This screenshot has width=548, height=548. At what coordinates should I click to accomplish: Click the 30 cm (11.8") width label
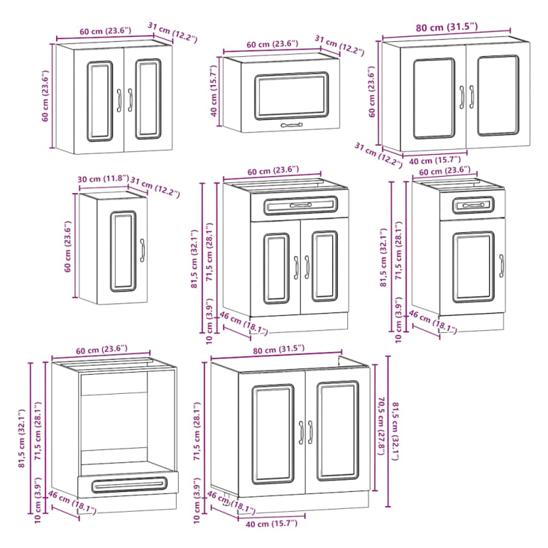pyautogui.click(x=103, y=179)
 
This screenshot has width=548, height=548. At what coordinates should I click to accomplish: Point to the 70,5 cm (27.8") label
pyautogui.click(x=381, y=425)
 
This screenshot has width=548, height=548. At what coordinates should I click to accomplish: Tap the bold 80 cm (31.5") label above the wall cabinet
pyautogui.click(x=447, y=27)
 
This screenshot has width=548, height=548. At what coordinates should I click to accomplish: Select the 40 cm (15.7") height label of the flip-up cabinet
pyautogui.click(x=214, y=91)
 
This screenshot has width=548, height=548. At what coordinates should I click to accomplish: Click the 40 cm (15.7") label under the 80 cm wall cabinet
pyautogui.click(x=435, y=160)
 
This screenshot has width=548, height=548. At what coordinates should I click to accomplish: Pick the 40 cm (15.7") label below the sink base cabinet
pyautogui.click(x=271, y=523)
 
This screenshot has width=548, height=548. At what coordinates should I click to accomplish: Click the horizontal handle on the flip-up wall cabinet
pyautogui.click(x=292, y=125)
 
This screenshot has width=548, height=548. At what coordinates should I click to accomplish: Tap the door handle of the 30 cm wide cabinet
pyautogui.click(x=142, y=250)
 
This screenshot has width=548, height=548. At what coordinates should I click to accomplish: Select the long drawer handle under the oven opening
pyautogui.click(x=129, y=485)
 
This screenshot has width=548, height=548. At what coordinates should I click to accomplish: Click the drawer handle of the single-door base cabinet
pyautogui.click(x=473, y=205)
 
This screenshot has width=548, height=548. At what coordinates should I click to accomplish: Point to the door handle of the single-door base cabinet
pyautogui.click(x=501, y=266)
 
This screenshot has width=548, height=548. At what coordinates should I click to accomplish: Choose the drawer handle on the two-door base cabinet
pyautogui.click(x=301, y=205)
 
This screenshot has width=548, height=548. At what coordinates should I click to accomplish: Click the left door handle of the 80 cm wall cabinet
pyautogui.click(x=462, y=97)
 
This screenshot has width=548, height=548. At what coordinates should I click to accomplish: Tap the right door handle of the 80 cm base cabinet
pyautogui.click(x=310, y=432)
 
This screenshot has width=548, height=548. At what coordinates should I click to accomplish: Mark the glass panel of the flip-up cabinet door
pyautogui.click(x=292, y=96)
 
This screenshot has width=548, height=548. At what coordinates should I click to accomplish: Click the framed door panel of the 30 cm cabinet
pyautogui.click(x=123, y=251)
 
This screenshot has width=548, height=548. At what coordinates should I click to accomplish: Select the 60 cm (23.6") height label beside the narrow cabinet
pyautogui.click(x=68, y=247)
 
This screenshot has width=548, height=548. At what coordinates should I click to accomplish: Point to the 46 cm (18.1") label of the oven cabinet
pyautogui.click(x=72, y=503)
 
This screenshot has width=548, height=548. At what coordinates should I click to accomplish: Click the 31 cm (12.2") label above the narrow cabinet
pyautogui.click(x=155, y=188)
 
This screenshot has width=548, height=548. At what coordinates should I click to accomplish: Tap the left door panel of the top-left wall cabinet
pyautogui.click(x=100, y=101)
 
